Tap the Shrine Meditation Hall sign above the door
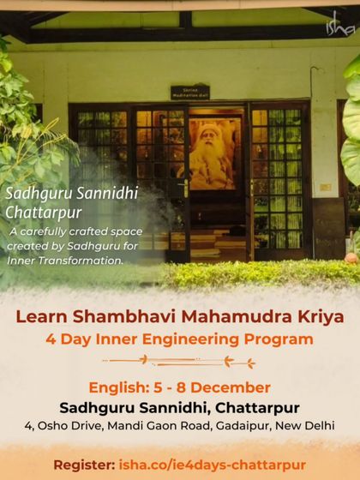(190, 92)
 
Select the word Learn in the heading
(39, 317)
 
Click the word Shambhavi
(116, 317)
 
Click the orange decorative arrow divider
(180, 362)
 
